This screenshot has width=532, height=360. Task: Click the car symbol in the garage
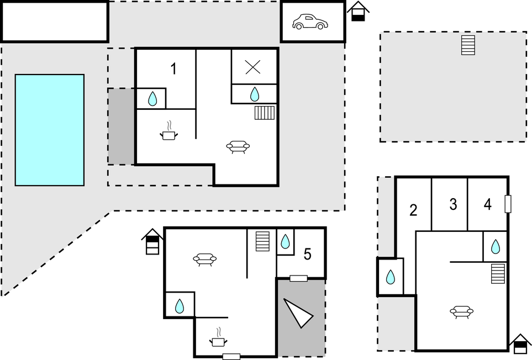pos(309,22)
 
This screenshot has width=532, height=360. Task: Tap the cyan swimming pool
pos(50,130)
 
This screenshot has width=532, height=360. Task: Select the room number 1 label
pos(173,70)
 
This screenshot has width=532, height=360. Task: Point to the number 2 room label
pos(413,210)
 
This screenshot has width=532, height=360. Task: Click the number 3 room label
pos(453,205)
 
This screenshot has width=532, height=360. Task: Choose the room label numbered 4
pos(487,205)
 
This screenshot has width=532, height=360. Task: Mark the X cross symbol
pos(253,67)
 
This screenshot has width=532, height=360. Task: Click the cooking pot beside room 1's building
pos(169,133)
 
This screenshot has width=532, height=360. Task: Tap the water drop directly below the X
pos(254,94)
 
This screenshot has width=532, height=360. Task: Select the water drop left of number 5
pos(285,241)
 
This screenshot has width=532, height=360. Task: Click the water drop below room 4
pos(496,246)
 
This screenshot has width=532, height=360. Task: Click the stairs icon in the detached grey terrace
pos(468,45)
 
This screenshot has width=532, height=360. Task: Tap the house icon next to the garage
pos(358,11)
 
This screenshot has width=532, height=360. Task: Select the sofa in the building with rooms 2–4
pos(462,312)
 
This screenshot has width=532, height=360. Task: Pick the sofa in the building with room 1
pos(238,146)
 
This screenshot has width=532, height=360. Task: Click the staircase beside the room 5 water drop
pos(262,241)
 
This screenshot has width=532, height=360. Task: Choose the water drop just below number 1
pos(153,99)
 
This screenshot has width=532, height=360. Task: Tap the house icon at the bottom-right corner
pos(520,344)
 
